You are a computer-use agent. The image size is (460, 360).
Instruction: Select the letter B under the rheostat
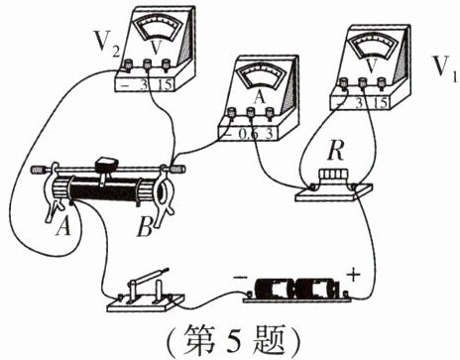pos(145,227)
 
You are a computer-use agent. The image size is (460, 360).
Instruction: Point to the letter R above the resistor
pos(335,153)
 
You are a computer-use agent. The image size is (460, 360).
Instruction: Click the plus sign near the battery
pos(353,275)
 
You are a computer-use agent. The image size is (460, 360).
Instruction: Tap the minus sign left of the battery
pos(240,278)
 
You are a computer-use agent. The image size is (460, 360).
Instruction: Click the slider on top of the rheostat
pos(106,163)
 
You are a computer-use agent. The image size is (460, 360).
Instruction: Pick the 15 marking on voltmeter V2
pos(165,85)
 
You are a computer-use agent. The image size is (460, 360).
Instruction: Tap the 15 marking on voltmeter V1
pos(381,103)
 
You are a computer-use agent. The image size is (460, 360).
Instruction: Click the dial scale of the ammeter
pos(261,76)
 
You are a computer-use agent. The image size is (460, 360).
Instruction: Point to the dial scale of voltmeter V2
pos(160,27)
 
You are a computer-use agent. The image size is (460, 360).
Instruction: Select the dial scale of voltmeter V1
pos(374,45)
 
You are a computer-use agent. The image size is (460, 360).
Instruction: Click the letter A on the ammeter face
pos(260,97)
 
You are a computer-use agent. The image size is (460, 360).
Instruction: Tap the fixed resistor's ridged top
pos(333,175)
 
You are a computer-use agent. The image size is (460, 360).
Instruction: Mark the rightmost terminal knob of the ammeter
pos(270,112)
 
